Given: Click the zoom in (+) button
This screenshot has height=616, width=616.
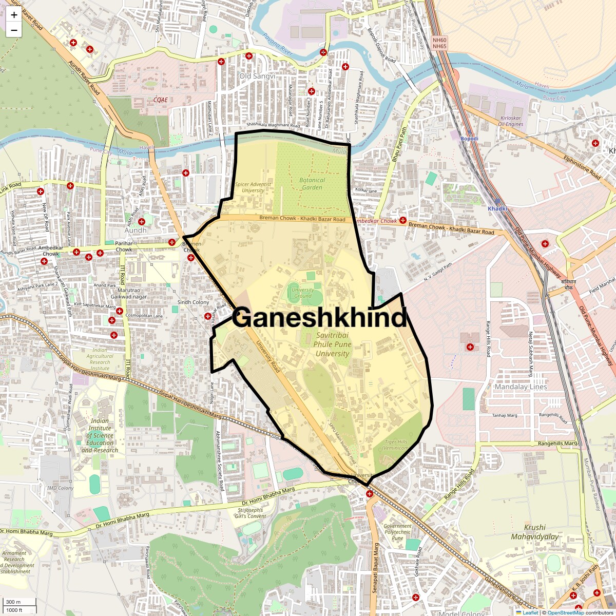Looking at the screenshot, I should (14, 15).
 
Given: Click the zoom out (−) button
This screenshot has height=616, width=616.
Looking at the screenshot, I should (14, 30).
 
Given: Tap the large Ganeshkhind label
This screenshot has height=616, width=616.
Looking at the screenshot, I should (319, 317).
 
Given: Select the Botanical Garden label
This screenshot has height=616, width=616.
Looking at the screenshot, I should (312, 184).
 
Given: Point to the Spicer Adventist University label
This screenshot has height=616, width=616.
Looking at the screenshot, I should (253, 187).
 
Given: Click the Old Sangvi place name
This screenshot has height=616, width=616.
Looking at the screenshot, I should (257, 76).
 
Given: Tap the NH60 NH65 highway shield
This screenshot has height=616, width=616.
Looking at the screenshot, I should (439, 43).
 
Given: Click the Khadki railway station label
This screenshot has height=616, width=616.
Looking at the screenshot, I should (497, 208).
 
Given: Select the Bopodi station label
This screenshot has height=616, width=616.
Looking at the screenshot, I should (469, 139).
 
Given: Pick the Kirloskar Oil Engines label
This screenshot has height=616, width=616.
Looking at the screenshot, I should (510, 121).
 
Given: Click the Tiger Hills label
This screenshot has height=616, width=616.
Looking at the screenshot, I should (396, 445).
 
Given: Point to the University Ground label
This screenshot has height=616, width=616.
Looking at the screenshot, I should (303, 293).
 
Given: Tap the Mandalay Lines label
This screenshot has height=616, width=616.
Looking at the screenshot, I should (521, 387).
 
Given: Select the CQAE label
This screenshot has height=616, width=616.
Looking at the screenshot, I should (161, 100).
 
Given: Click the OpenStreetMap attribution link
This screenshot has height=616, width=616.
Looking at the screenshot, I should (565, 612).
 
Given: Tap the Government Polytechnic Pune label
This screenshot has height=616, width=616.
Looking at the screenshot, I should (397, 532).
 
